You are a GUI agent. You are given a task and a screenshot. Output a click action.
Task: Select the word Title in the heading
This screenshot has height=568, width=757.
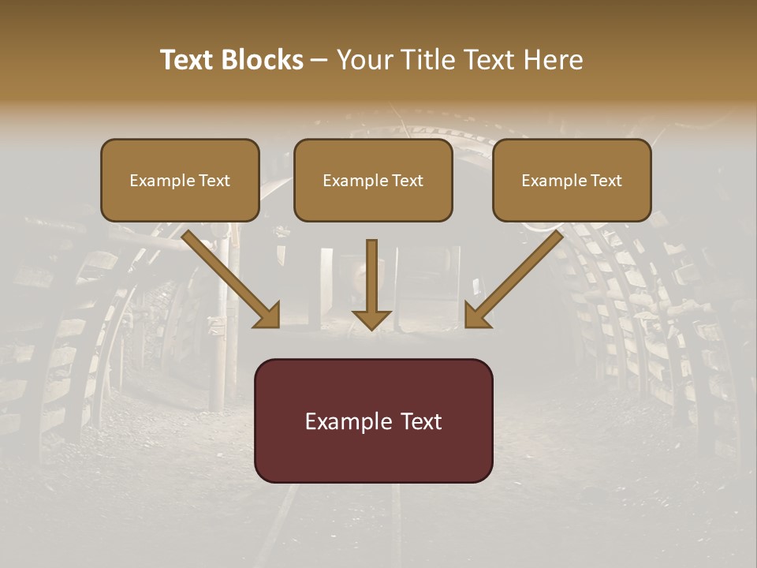pyautogui.click(x=431, y=60)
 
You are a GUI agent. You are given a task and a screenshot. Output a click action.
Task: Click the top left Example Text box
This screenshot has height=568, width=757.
pyautogui.click(x=180, y=180)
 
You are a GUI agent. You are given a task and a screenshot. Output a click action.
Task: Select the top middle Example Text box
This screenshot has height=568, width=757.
pyautogui.click(x=373, y=180)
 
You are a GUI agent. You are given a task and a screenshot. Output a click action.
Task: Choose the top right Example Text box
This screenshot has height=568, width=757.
pyautogui.click(x=572, y=180)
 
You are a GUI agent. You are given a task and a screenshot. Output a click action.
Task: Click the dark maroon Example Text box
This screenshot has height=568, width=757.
pyautogui.click(x=373, y=420)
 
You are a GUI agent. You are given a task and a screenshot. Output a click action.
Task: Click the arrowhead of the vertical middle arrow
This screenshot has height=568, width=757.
pyautogui.click(x=371, y=319)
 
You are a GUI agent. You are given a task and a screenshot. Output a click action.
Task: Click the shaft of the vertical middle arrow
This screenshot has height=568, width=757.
pyautogui.click(x=371, y=272)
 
